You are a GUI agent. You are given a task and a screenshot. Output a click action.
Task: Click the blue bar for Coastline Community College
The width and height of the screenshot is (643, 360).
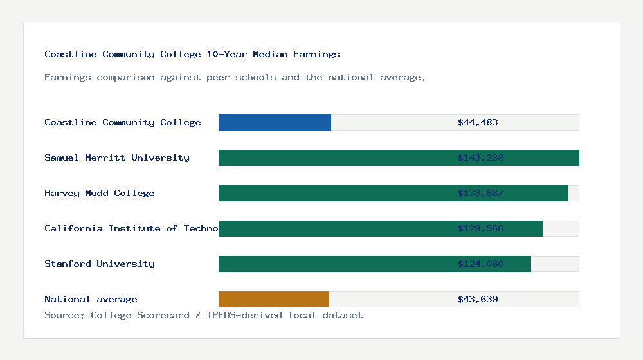point(275,122)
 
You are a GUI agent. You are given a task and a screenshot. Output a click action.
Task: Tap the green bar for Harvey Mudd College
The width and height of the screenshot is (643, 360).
point(334,193)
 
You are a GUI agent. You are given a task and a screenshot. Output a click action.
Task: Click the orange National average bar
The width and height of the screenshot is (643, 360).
point(274,299)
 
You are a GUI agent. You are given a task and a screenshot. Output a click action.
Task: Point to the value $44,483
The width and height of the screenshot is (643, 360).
point(478,122)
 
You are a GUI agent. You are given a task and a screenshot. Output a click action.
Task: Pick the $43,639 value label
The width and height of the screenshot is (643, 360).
point(478,299)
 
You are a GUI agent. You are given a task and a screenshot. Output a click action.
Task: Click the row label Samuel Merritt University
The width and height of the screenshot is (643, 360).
point(117,157)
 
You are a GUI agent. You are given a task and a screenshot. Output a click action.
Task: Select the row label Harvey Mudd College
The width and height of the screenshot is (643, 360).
point(100,193)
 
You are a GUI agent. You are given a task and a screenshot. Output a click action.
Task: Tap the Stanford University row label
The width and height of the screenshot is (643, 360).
point(100,264)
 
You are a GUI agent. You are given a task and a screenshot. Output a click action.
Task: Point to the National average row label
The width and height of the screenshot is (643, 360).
point(91,299)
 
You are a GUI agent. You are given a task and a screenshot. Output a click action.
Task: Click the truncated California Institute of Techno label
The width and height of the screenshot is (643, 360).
point(131,228)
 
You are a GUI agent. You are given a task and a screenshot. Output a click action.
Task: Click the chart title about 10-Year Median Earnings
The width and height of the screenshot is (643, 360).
point(192,54)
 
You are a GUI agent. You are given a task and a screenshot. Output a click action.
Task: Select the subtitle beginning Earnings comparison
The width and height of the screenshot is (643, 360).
point(235,77)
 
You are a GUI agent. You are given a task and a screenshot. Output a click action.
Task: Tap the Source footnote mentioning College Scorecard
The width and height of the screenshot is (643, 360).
point(203,315)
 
